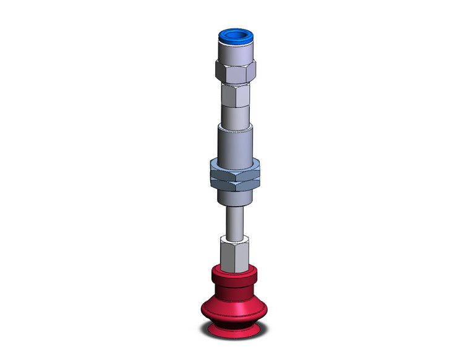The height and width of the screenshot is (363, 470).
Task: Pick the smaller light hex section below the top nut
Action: (x=235, y=96)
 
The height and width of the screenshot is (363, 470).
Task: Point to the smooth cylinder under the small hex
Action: (x=235, y=115)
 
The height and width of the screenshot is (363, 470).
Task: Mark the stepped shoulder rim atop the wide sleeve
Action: (x=235, y=127)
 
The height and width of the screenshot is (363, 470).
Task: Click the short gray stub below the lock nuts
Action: (x=235, y=197)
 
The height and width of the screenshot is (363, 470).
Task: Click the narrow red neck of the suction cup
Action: (x=235, y=293)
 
